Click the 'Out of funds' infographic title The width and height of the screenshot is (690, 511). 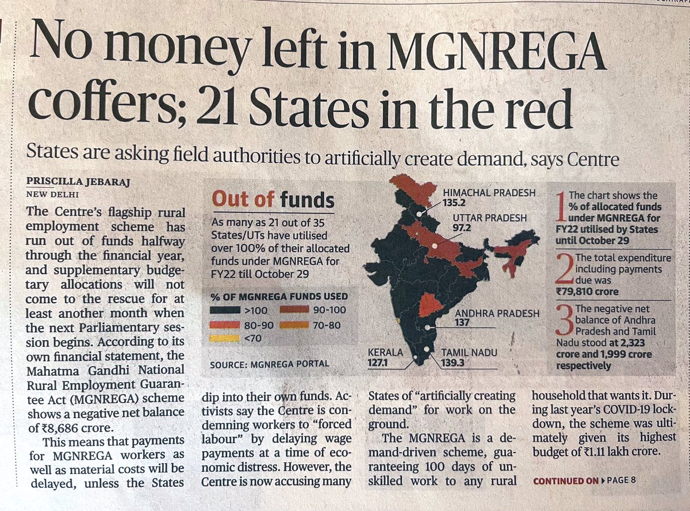273,200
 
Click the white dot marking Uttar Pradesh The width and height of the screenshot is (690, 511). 435,246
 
